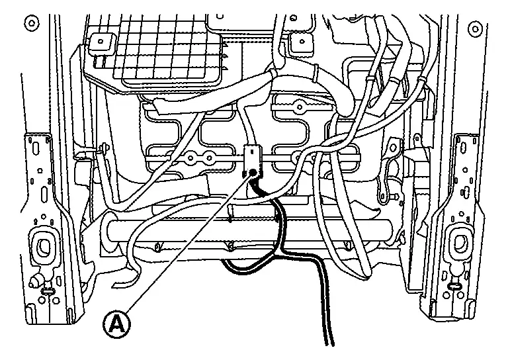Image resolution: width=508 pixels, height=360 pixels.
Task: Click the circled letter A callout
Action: tap(116, 324)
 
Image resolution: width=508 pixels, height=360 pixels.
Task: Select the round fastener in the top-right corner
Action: tap(474, 28)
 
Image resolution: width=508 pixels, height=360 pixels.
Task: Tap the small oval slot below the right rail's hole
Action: tap(454, 285)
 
